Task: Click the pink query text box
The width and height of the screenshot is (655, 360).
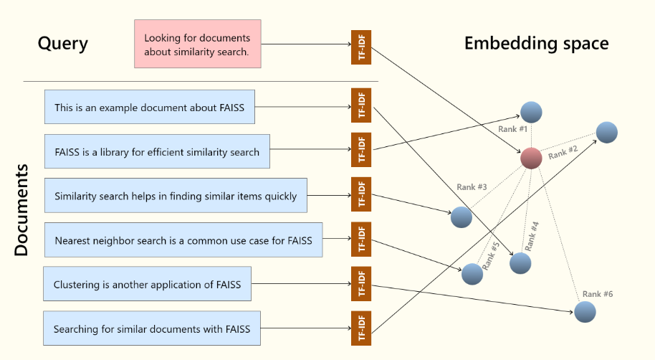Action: (198, 44)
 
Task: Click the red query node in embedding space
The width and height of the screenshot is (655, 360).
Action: (531, 158)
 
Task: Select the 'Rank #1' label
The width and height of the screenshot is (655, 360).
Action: (512, 129)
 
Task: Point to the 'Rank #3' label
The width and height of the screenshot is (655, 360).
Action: (472, 187)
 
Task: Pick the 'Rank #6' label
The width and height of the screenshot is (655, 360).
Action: (597, 294)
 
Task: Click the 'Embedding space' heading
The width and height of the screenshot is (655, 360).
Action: (536, 43)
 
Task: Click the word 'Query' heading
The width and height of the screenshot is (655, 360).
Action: (63, 44)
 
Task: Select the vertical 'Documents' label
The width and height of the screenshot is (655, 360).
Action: (21, 210)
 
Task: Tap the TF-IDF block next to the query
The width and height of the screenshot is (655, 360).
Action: (361, 47)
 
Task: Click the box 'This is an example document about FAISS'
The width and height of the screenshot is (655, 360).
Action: (149, 108)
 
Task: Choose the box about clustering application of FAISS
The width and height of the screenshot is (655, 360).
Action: (147, 285)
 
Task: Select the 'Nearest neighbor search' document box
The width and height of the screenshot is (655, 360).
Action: (183, 240)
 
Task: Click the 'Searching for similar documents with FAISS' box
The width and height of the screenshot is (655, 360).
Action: (150, 330)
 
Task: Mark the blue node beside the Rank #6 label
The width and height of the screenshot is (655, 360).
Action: (585, 311)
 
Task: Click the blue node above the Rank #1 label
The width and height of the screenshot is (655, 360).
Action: (531, 112)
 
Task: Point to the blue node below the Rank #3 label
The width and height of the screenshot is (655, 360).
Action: (462, 217)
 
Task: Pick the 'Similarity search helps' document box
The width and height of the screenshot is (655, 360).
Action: (175, 196)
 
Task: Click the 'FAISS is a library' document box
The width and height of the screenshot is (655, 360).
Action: (157, 151)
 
